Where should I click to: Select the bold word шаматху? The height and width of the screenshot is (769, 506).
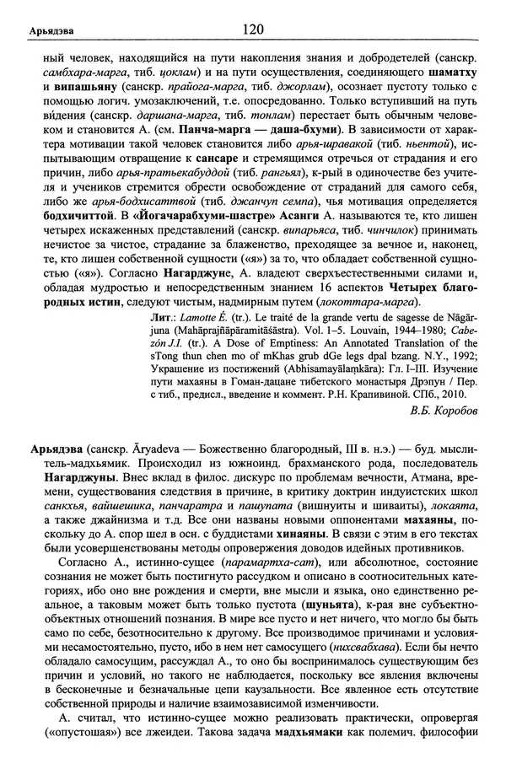[438, 73]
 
